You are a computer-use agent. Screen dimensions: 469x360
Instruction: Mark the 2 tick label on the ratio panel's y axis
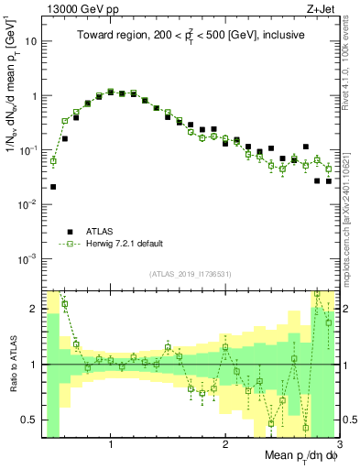point(33,309)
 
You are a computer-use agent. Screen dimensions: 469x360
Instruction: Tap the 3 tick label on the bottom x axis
point(338,444)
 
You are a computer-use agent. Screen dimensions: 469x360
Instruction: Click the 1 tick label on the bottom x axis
point(111,444)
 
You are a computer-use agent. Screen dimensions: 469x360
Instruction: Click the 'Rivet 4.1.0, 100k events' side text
point(351,82)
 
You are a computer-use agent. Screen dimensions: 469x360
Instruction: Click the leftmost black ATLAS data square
point(53,187)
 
